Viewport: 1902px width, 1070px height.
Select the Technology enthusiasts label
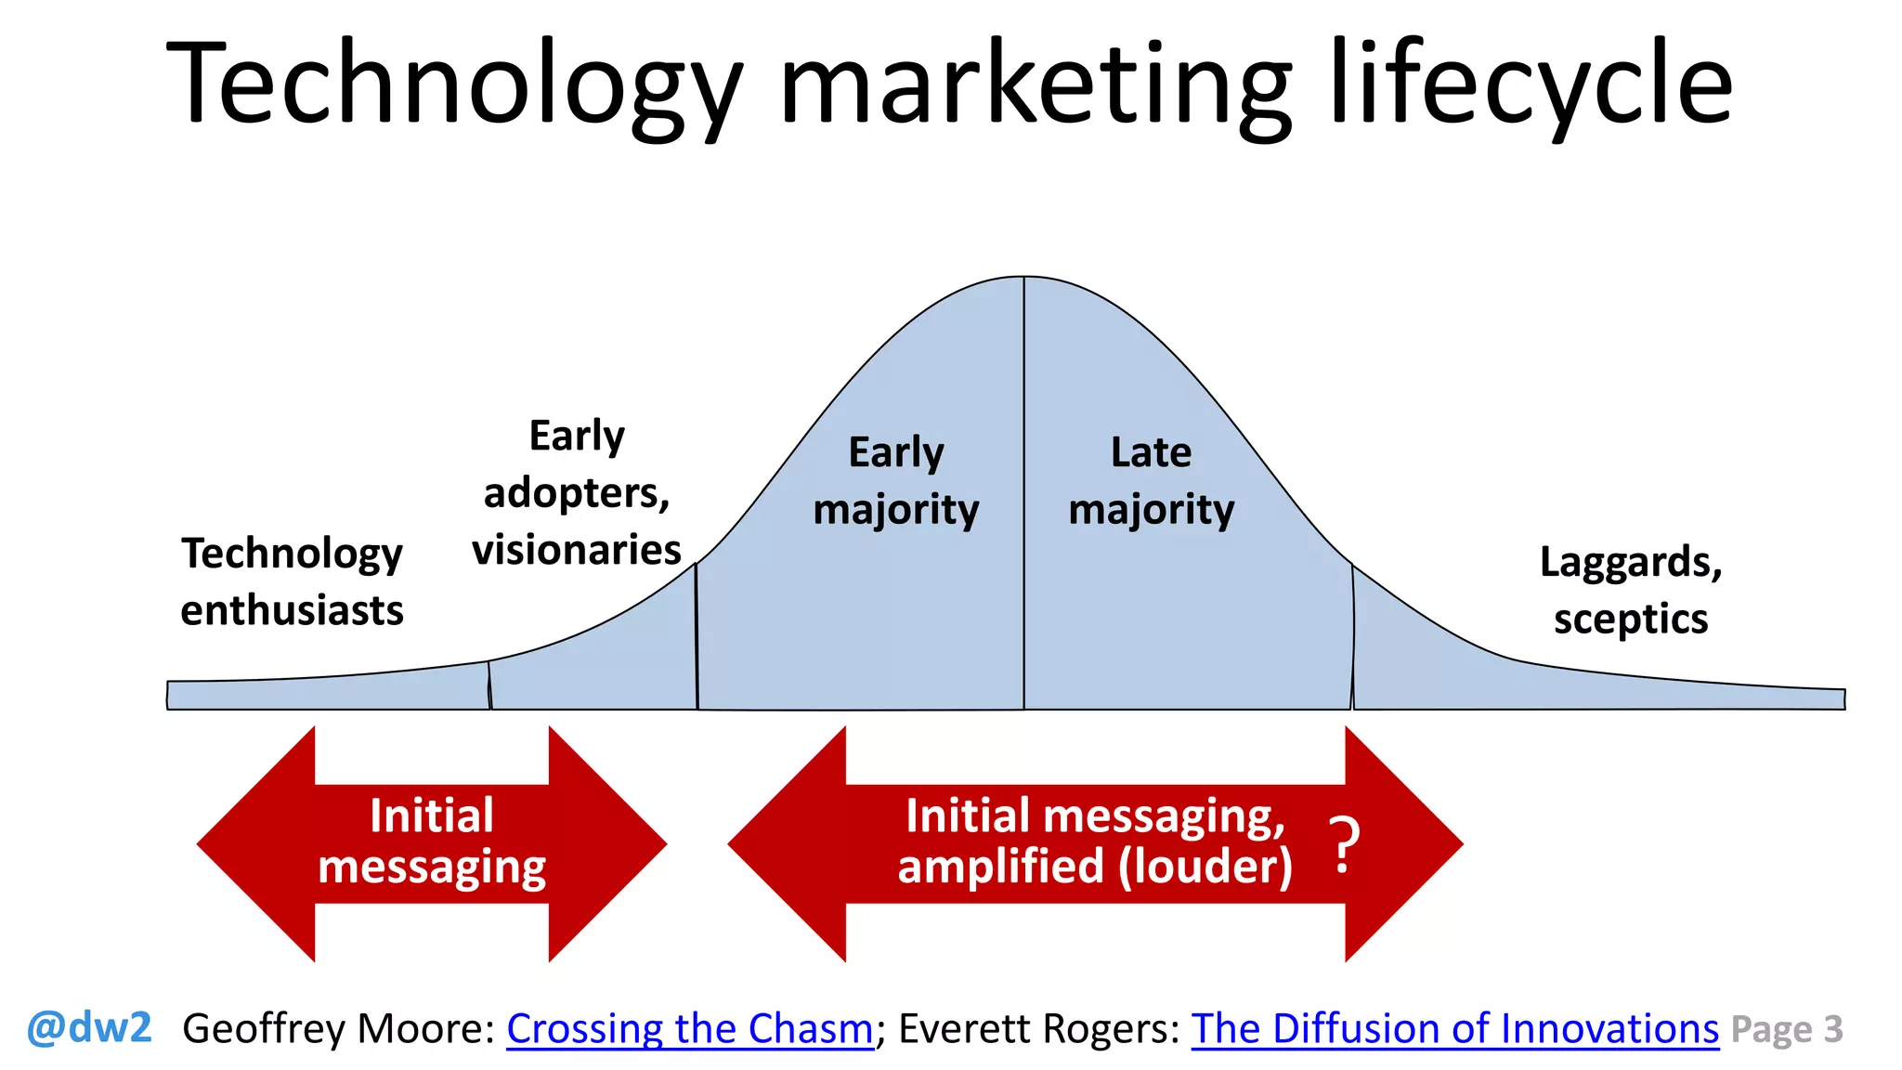[x=292, y=582]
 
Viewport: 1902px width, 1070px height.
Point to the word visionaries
[x=577, y=550]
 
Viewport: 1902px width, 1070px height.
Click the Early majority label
[x=896, y=481]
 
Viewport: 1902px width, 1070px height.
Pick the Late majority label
[x=1152, y=481]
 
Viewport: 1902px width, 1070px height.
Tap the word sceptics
[x=1631, y=620]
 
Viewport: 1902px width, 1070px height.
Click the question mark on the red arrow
[x=1344, y=844]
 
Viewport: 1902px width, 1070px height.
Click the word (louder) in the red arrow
[x=1205, y=867]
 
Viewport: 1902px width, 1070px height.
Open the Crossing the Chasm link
[x=690, y=1029]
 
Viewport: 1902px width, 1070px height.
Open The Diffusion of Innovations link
[x=1455, y=1029]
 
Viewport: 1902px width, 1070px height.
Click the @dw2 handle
[x=89, y=1028]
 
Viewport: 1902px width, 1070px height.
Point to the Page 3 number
[x=1787, y=1030]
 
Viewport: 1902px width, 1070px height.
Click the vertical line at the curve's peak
[x=1024, y=492]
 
